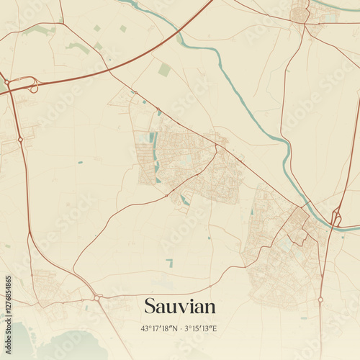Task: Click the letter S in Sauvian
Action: click(149, 307)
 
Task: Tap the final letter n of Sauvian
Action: click(210, 307)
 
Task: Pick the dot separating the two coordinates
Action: click(180, 328)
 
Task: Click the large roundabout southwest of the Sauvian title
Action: click(96, 297)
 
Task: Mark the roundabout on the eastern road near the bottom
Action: click(320, 300)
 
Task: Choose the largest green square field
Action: click(165, 70)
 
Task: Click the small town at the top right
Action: click(301, 13)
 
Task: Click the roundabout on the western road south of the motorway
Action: click(20, 139)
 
